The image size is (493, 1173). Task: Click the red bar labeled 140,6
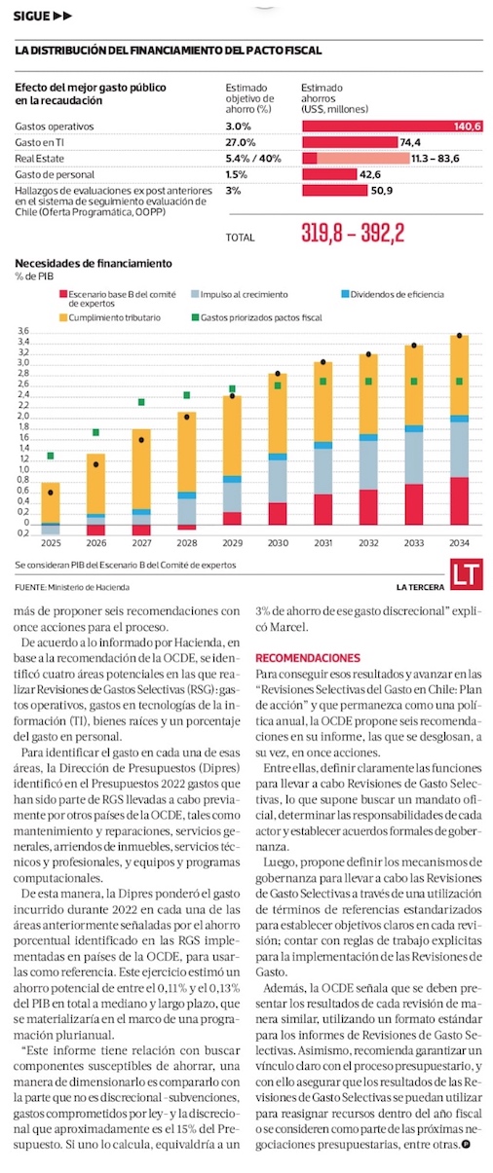392,127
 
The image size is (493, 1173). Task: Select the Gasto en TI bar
350,142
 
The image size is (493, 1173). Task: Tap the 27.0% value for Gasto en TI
241,142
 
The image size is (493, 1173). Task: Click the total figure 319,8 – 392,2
353,233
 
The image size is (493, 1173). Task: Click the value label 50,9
382,191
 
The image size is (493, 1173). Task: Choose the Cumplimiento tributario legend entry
110,318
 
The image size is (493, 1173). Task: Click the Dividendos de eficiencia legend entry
393,294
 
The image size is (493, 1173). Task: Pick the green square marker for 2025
51,457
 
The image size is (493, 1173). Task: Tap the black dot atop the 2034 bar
460,336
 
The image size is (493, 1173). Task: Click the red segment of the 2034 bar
460,500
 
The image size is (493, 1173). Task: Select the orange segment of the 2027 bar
141,469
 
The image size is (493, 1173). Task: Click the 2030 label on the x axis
278,543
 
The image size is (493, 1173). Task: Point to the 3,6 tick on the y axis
23,332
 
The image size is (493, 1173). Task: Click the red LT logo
467,574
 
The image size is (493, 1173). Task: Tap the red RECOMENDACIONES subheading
308,658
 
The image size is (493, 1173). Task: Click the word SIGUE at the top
31,17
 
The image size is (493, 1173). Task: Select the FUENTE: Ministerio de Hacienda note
72,588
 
